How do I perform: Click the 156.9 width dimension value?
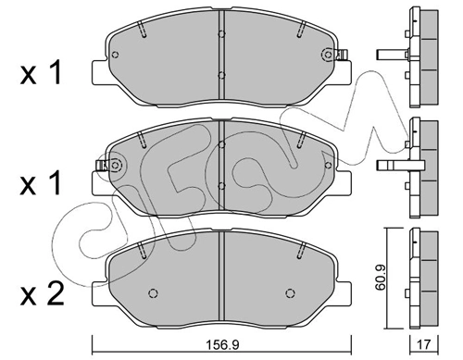[222, 344]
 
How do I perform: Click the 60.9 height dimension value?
[382, 278]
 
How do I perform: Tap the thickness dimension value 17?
[424, 344]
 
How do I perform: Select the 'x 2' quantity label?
[42, 293]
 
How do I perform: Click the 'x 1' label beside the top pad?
[41, 73]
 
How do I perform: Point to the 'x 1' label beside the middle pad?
[41, 183]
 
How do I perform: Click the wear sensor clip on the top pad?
[343, 55]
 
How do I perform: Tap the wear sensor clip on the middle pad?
[101, 166]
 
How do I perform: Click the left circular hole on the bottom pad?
[153, 292]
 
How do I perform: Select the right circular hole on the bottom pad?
[290, 292]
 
